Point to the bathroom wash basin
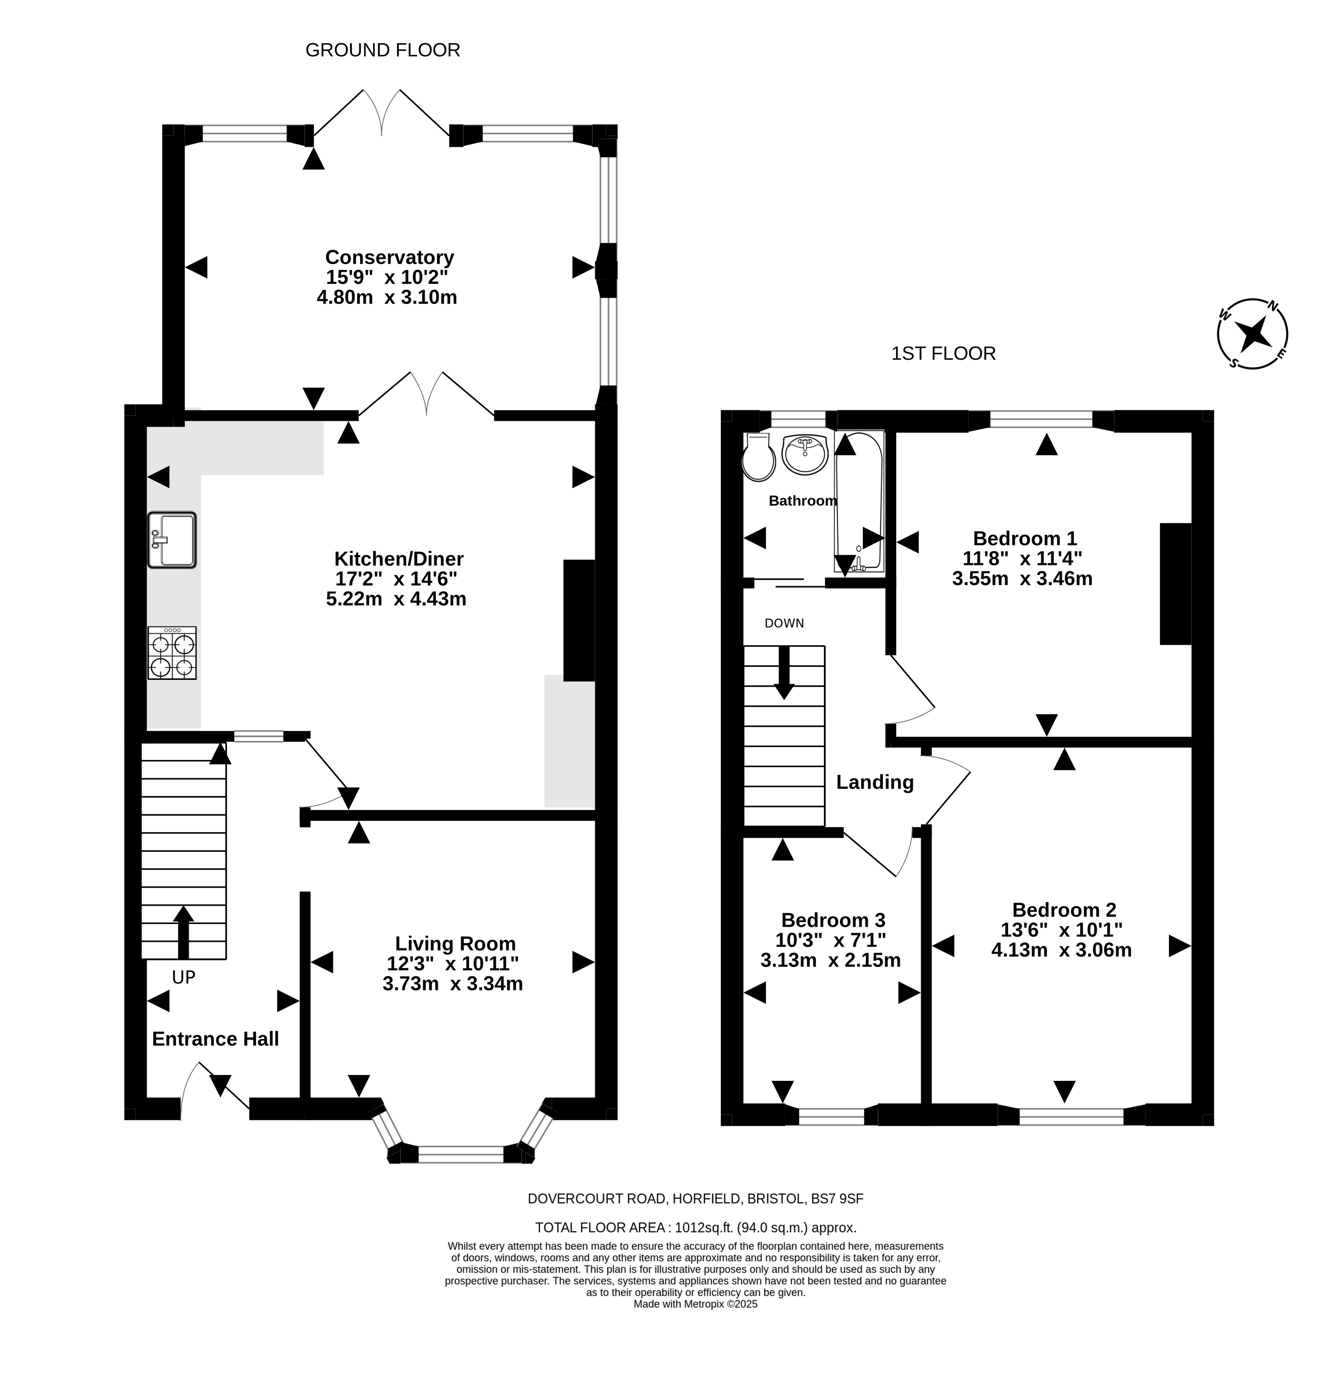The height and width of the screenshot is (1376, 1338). tap(805, 455)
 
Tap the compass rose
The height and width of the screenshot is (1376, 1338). tap(1252, 334)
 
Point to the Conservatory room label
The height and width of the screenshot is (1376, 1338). tap(389, 257)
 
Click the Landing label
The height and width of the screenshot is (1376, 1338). tap(875, 782)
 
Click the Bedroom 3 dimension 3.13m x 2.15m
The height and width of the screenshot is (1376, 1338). tap(830, 960)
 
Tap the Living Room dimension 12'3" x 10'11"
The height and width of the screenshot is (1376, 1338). tap(453, 964)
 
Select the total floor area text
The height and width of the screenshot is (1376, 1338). tap(696, 1228)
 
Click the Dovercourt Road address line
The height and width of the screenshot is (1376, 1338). tap(696, 1199)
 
